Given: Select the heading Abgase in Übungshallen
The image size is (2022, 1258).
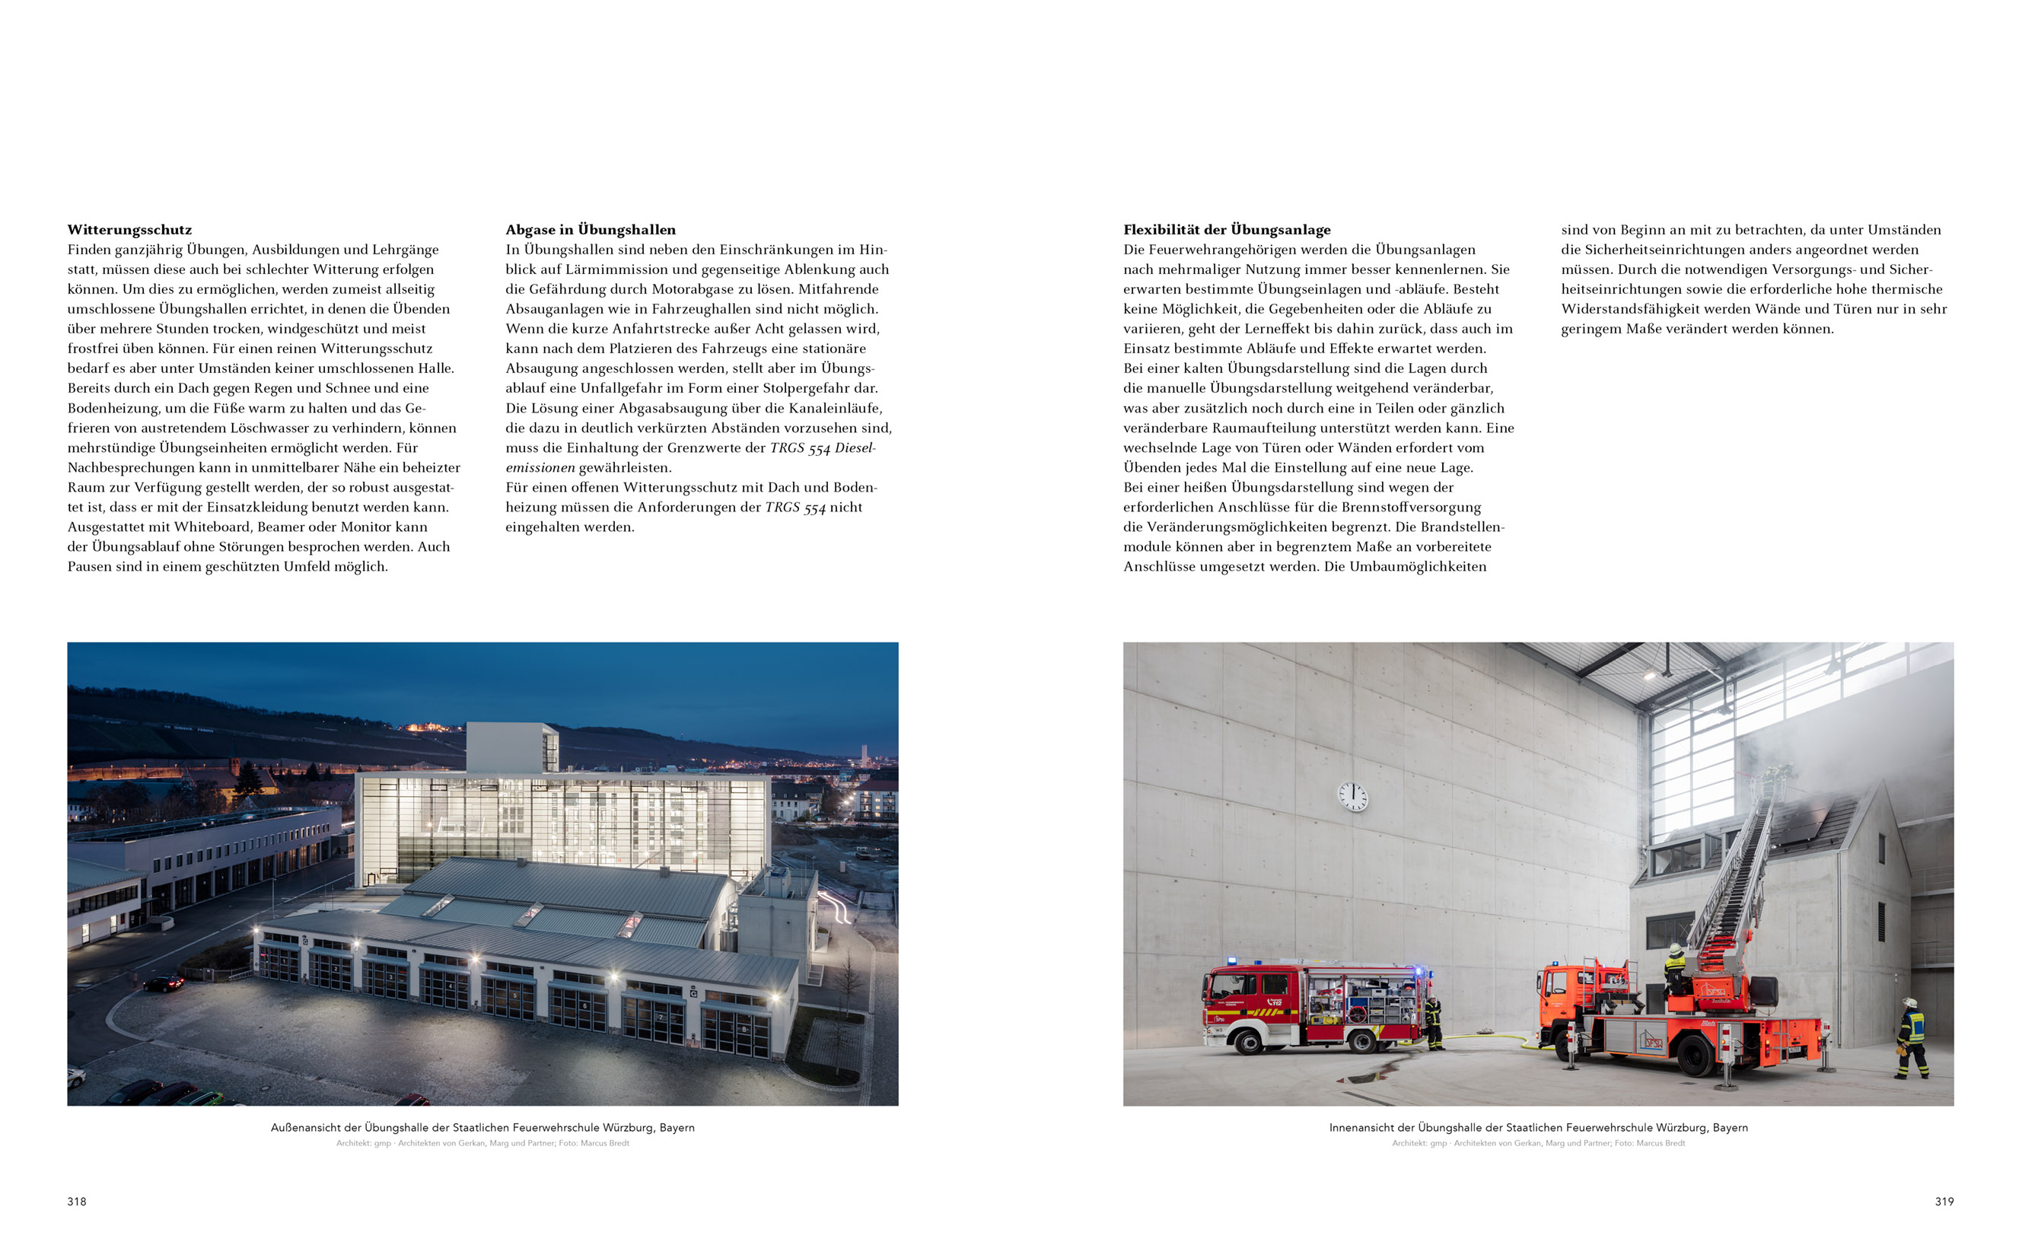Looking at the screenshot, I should tap(591, 230).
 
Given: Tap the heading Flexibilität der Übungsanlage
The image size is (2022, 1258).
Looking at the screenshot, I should tap(1227, 230).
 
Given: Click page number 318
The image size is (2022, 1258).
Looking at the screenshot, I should tap(77, 1201).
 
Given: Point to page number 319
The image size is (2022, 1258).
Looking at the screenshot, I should tap(1944, 1201).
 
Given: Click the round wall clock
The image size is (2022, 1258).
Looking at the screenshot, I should tap(1352, 796).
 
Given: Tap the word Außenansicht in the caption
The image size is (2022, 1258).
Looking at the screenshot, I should tap(315, 1127).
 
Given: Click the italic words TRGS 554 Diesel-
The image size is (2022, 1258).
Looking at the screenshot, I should tap(823, 447).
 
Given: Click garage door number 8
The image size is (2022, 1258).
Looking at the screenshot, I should tap(734, 1032).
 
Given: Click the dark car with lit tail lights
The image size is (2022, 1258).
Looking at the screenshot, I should tap(164, 983).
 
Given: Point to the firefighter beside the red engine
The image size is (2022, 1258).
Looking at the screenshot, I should tap(1432, 1022).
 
